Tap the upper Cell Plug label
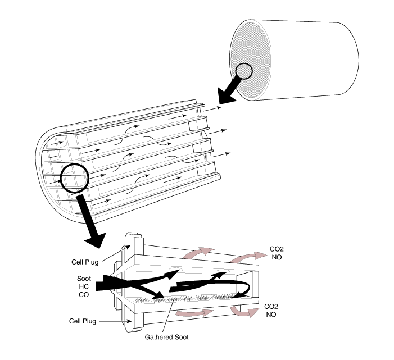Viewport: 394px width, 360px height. point(85,262)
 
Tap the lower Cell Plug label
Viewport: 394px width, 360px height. point(83,321)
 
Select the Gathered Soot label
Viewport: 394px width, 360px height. point(166,337)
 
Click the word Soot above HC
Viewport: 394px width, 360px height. point(84,279)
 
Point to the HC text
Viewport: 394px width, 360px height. point(84,286)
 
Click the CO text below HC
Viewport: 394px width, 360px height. point(84,294)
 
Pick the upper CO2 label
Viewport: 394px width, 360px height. point(277,249)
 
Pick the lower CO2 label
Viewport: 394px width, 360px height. point(271,307)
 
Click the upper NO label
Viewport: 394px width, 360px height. point(277,257)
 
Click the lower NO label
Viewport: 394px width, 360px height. point(271,315)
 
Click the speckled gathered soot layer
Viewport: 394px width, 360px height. point(186,298)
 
